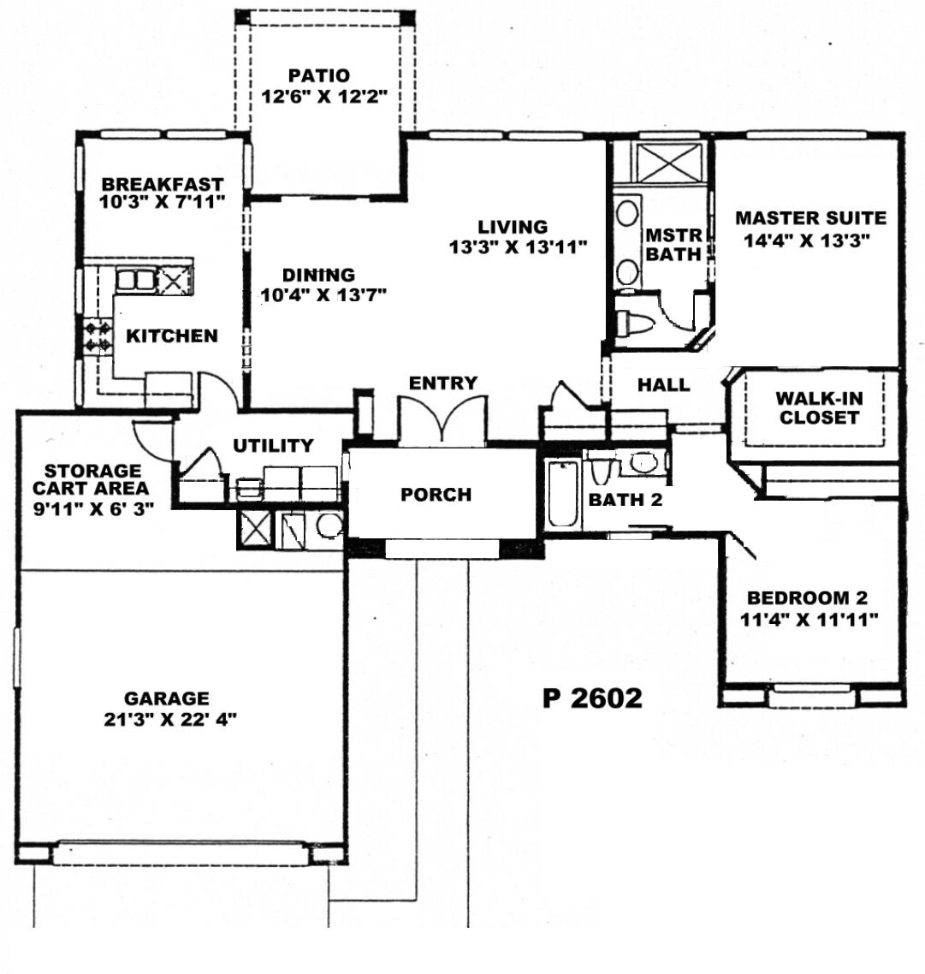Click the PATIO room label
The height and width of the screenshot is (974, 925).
point(318,76)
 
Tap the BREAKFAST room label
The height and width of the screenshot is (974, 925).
point(162,184)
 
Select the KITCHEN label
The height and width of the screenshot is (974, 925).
point(172,336)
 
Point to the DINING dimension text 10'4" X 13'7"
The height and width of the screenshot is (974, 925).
point(323,294)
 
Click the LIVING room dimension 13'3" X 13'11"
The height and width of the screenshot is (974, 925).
point(518,247)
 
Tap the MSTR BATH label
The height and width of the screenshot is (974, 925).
point(674,245)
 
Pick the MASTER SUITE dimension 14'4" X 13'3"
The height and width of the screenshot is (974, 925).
point(806,240)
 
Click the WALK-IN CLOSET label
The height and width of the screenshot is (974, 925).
point(819,407)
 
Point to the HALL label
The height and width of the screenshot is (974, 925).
point(664,384)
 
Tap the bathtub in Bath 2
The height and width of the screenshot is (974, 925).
point(564,495)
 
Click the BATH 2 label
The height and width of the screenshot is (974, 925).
point(626,500)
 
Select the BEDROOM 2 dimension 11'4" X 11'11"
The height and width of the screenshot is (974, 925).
point(809,620)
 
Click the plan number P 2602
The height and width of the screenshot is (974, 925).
point(592,698)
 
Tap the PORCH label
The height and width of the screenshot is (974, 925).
point(436,495)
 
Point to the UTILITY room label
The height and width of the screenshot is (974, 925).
point(273,445)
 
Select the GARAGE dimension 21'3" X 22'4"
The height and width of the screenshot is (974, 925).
point(170,719)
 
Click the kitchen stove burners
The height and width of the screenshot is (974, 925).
point(98,336)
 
